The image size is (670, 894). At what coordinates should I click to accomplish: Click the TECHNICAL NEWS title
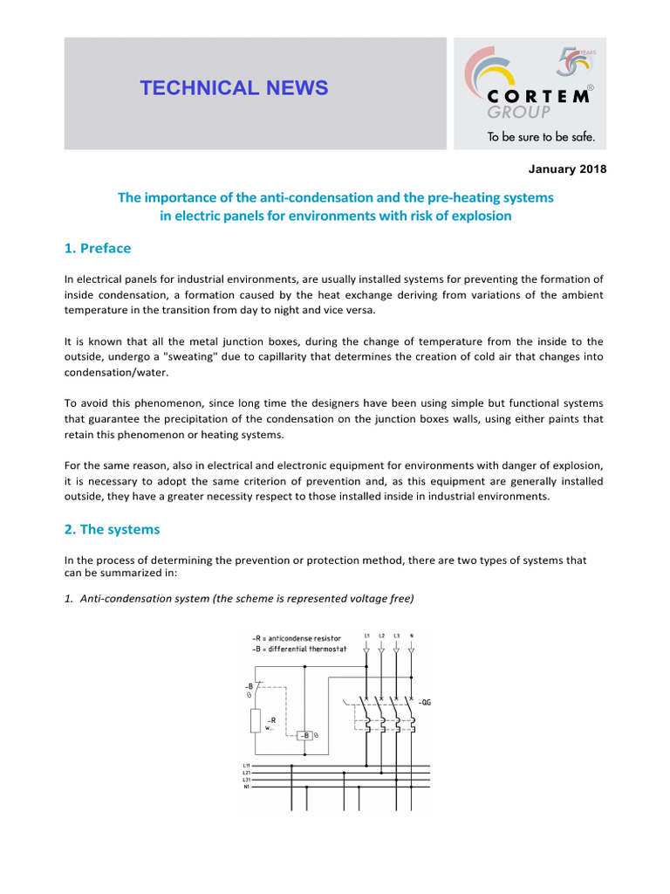[x=235, y=88]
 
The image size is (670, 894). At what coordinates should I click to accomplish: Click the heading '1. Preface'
[x=98, y=248]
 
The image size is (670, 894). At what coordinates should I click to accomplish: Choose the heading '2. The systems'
[x=112, y=529]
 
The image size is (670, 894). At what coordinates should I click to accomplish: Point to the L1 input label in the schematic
[x=366, y=635]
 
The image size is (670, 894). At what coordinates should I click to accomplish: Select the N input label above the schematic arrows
[x=412, y=635]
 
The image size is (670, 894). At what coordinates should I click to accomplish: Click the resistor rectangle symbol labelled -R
[x=255, y=721]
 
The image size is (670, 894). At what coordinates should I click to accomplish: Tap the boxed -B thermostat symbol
[x=305, y=735]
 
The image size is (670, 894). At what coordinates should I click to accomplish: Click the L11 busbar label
[x=247, y=766]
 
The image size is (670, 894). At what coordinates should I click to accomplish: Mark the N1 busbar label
[x=247, y=787]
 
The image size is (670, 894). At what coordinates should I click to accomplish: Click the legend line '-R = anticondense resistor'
[x=297, y=638]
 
